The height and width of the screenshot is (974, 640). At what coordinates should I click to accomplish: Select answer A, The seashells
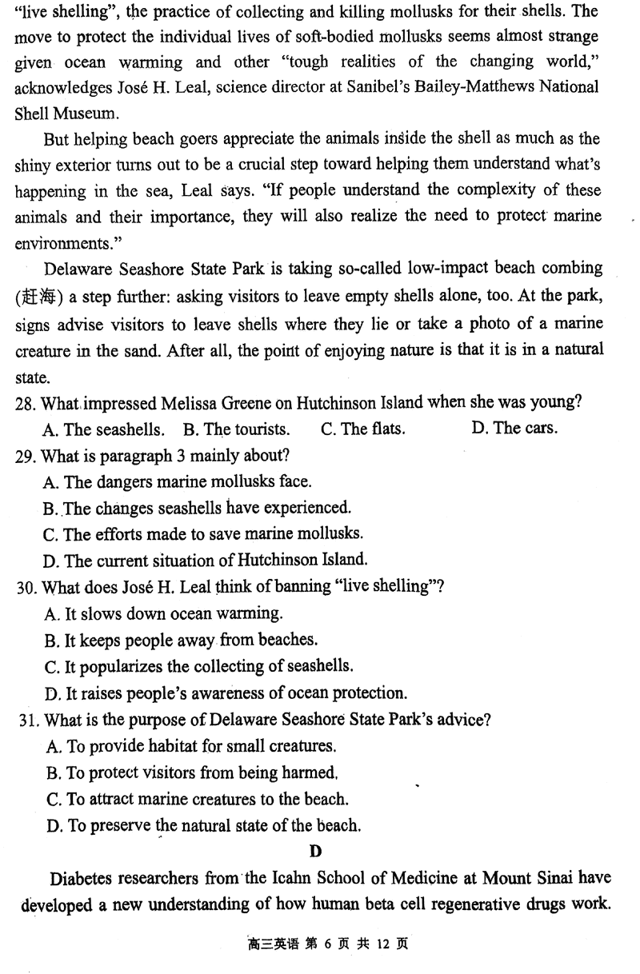click(105, 429)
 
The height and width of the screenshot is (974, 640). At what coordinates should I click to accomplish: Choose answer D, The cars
click(514, 428)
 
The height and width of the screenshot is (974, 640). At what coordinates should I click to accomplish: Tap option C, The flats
click(362, 429)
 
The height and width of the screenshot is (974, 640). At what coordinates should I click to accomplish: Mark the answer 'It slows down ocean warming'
click(164, 614)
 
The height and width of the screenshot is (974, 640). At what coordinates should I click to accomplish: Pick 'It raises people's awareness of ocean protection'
click(227, 693)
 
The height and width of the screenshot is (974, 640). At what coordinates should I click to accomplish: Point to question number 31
click(26, 720)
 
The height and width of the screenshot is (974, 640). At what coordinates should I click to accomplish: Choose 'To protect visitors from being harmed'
click(192, 772)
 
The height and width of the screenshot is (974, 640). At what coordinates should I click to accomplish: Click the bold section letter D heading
click(315, 852)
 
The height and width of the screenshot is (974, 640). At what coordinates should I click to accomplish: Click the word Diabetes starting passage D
click(82, 879)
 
